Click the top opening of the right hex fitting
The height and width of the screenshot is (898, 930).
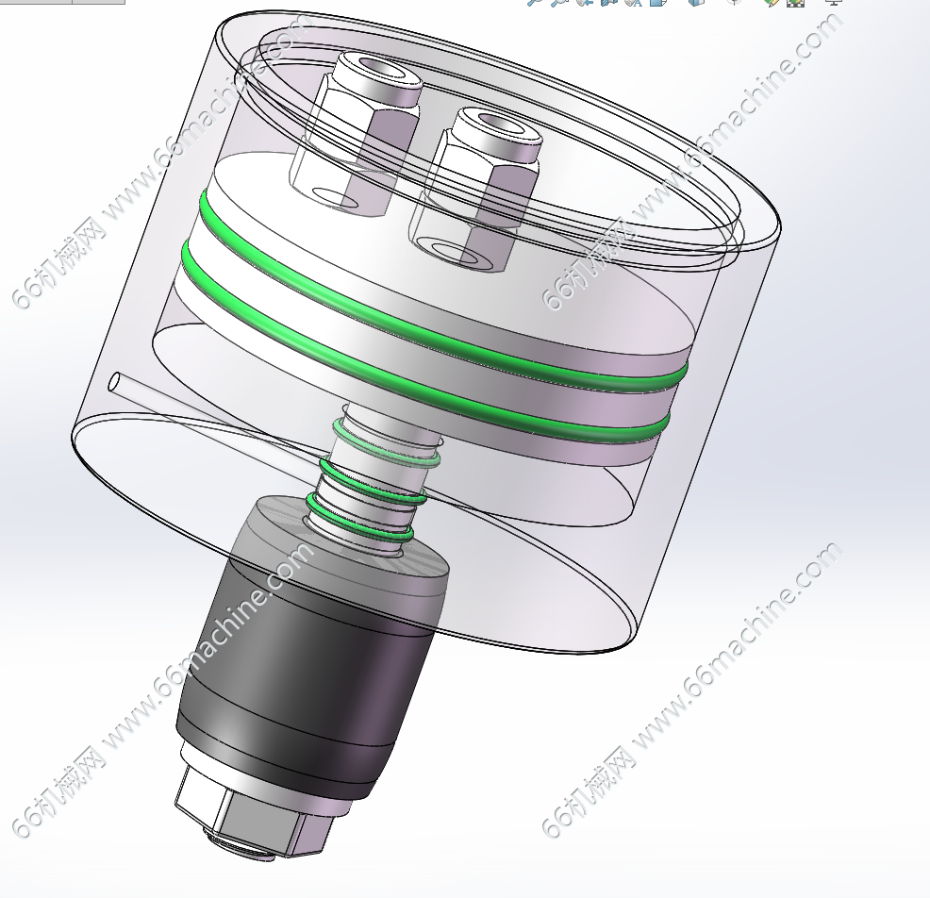pos(501,124)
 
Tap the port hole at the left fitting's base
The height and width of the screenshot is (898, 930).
pos(335,198)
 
